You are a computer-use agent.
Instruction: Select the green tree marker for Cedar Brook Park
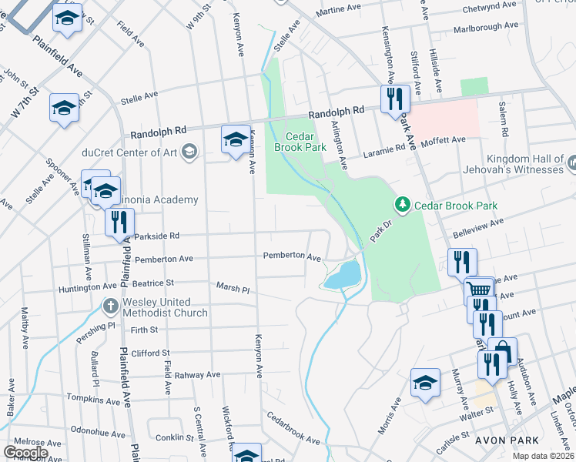coord(401,205)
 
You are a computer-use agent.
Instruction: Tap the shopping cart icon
coord(480,291)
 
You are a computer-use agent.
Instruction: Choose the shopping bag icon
coord(502,350)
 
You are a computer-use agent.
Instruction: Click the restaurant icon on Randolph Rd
coord(393,99)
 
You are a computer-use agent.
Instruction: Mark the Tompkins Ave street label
coord(95,400)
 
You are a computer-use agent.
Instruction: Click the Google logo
coord(26,453)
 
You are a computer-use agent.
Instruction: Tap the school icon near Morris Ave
coord(424,383)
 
